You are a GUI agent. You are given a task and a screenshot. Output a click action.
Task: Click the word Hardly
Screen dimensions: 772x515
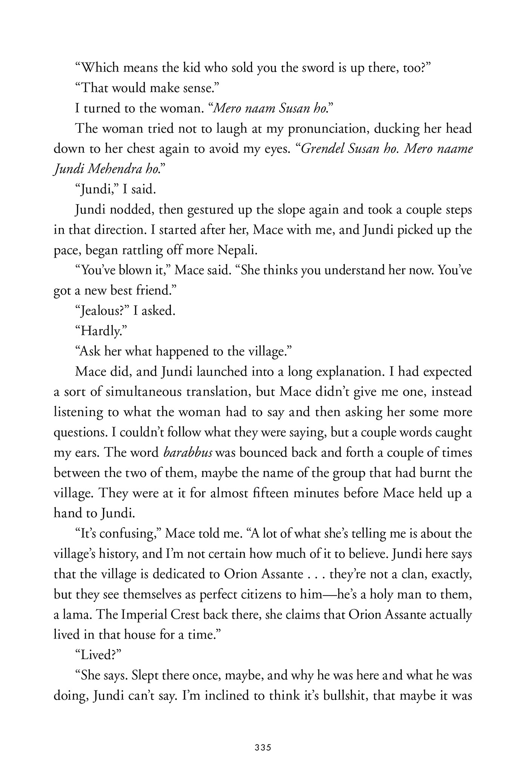click(100, 331)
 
